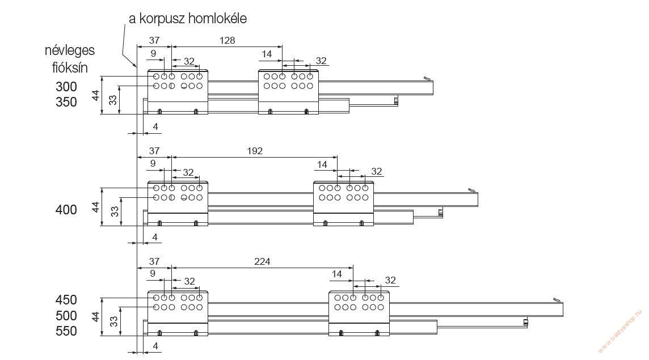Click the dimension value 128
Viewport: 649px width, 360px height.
point(227,40)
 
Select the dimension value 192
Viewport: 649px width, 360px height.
point(255,151)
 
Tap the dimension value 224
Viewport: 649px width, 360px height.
point(263,261)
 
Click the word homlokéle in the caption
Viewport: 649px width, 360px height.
point(217,19)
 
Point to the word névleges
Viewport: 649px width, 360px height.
point(70,51)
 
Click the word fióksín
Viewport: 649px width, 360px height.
point(70,67)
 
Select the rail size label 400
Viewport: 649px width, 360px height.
point(66,210)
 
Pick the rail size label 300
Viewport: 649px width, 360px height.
point(66,87)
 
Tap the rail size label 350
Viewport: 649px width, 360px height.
point(66,102)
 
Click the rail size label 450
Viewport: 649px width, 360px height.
point(66,300)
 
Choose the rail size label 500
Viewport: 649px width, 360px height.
point(66,316)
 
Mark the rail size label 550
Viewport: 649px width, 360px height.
point(66,331)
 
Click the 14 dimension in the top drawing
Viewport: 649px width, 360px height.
point(267,54)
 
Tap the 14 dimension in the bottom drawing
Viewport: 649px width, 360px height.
point(337,274)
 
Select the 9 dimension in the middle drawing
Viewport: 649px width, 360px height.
point(153,163)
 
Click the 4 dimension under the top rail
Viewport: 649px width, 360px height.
point(155,126)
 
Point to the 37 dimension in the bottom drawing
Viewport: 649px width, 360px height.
point(154,261)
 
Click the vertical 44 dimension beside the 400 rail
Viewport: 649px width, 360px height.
point(96,207)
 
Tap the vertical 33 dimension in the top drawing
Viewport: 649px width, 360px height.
point(113,100)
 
